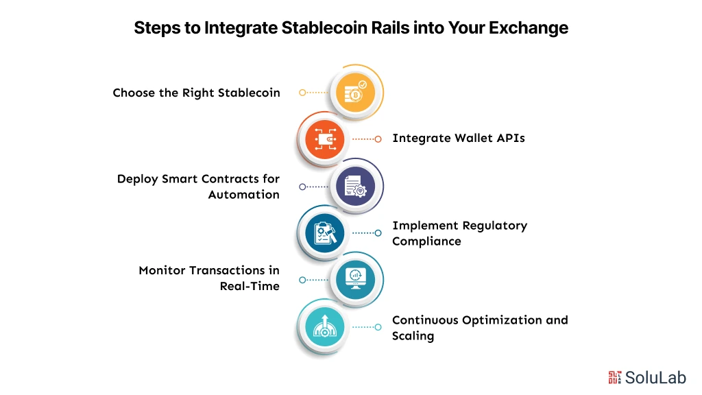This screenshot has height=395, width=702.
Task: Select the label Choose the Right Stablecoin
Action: point(196,93)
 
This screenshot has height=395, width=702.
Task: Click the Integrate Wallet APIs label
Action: point(459,138)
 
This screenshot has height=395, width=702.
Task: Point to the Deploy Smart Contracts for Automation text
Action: point(198,187)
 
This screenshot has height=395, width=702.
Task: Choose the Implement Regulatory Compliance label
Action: point(459,233)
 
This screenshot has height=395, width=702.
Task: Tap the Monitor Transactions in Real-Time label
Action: point(209,278)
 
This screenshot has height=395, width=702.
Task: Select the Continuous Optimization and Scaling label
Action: point(480,328)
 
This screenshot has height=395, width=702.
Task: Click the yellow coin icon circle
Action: point(354,93)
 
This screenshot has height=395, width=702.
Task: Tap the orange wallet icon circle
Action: point(324,139)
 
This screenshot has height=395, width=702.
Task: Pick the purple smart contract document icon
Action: point(354,186)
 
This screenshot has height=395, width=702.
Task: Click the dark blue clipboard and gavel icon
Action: point(324,233)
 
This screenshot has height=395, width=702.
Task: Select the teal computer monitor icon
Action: point(354,279)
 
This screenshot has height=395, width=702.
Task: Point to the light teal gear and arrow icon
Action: point(324,326)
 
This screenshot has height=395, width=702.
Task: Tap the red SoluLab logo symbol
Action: point(615,376)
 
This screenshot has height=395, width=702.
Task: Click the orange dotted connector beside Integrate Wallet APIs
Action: point(365,139)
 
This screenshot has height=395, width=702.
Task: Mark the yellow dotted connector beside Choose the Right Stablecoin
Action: point(314,93)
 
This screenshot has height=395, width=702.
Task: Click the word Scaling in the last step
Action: point(413,336)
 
